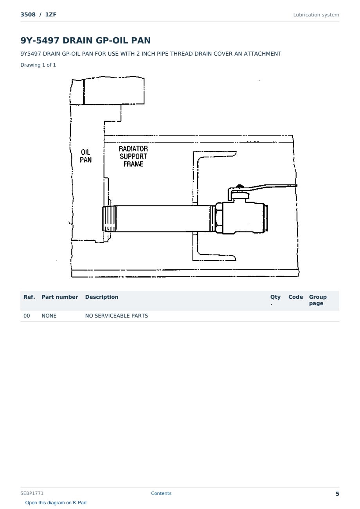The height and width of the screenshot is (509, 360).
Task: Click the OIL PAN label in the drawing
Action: [86, 156]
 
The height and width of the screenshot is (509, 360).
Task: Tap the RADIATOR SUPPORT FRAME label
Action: [133, 156]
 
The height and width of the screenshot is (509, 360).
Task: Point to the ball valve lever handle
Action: [263, 189]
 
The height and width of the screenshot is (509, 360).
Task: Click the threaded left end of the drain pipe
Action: [109, 218]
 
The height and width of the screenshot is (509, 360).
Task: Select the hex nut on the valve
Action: [218, 218]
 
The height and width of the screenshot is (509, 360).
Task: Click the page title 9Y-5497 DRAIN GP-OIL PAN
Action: [86, 40]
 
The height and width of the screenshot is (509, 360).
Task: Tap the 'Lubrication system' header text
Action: [316, 15]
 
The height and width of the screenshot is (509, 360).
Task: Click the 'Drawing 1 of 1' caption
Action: [38, 65]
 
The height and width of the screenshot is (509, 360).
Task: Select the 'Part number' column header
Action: [60, 297]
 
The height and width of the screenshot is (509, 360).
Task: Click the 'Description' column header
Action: [102, 297]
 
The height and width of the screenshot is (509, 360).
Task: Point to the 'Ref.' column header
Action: [29, 297]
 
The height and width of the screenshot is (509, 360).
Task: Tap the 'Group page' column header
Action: [318, 300]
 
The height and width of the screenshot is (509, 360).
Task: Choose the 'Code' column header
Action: [295, 297]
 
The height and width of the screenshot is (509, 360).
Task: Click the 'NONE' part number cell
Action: [49, 316]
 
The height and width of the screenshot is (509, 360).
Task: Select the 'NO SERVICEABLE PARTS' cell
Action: [117, 316]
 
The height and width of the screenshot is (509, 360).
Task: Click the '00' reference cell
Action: [27, 316]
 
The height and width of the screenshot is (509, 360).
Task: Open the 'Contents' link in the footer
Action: [161, 493]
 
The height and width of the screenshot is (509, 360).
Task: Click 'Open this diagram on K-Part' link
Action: [56, 503]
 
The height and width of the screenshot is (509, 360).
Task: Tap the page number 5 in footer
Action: [337, 494]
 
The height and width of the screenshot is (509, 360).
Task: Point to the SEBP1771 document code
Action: [32, 493]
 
